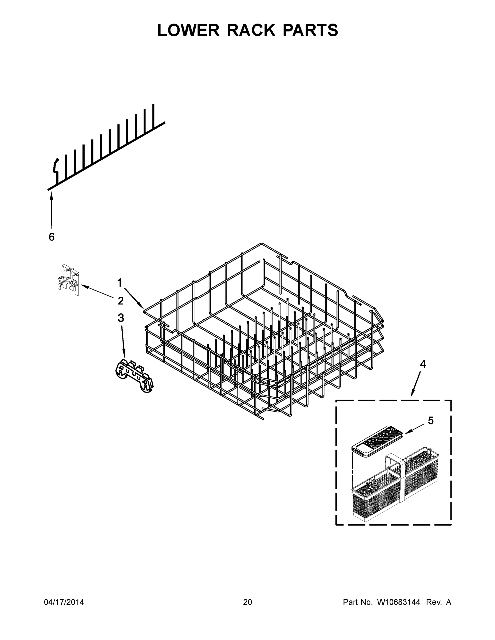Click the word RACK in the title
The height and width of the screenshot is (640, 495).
pyautogui.click(x=251, y=30)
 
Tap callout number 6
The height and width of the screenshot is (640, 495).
pyautogui.click(x=52, y=237)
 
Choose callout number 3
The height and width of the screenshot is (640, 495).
pyautogui.click(x=121, y=318)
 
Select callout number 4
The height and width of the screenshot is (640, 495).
pyautogui.click(x=423, y=364)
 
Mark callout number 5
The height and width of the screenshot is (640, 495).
pyautogui.click(x=430, y=421)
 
